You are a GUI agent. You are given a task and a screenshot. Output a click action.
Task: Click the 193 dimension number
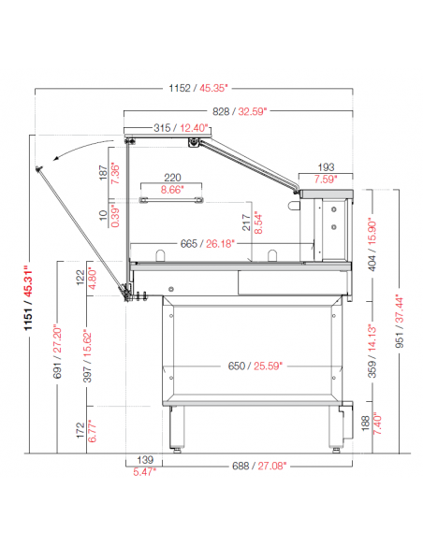pos(326,167)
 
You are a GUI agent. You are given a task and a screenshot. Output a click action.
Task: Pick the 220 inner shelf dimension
pos(172,178)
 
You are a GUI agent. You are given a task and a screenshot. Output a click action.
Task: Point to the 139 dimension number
pos(145,460)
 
